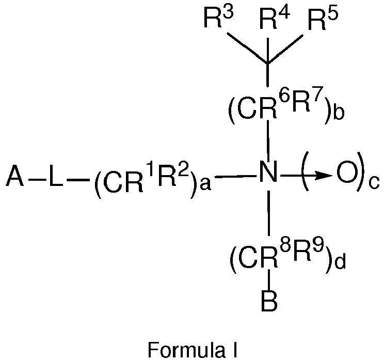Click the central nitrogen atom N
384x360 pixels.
click(269, 172)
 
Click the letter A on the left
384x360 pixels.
click(15, 176)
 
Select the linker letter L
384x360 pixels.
click(56, 176)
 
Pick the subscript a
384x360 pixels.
click(205, 184)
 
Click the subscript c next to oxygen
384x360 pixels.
click(374, 182)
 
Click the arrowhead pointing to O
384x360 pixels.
click(324, 176)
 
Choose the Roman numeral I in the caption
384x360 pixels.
click(235, 350)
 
